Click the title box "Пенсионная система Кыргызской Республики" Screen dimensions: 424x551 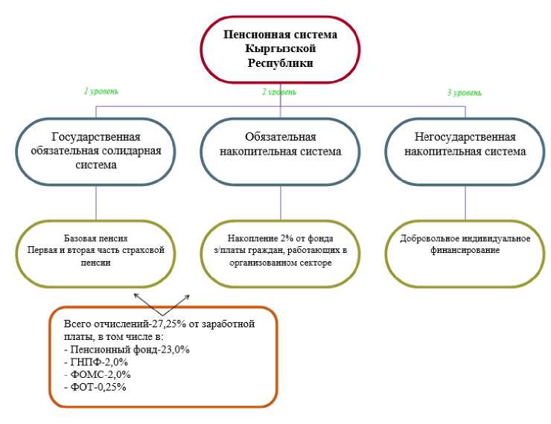(280, 49)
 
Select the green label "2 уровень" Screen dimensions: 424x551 (279, 92)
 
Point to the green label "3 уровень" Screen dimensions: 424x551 (464, 93)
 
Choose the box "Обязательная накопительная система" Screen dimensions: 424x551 (280, 145)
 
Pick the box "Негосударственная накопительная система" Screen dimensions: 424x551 (465, 145)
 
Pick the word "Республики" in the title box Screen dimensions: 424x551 (280, 63)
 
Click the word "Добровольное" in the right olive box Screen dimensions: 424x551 (427, 239)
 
